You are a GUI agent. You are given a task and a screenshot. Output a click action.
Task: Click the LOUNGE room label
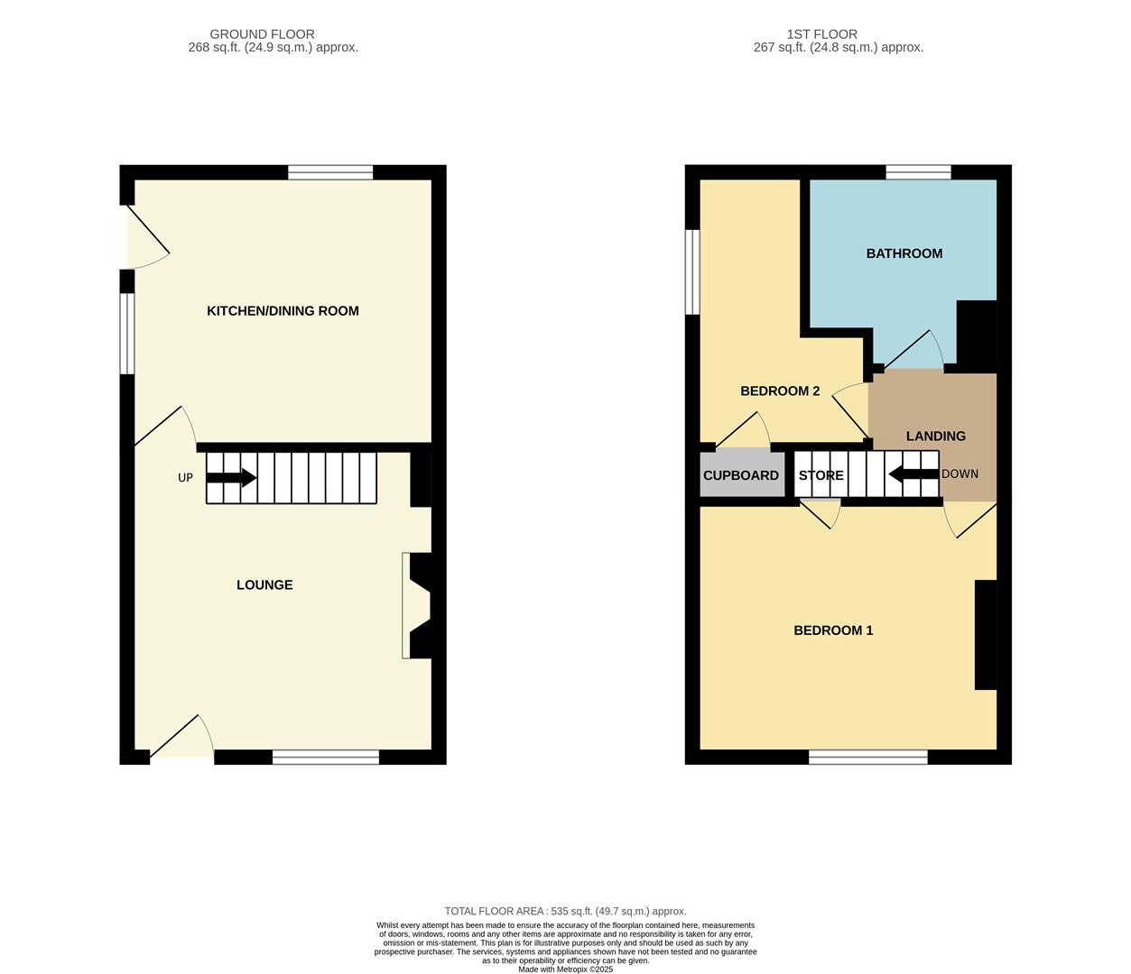click(x=264, y=585)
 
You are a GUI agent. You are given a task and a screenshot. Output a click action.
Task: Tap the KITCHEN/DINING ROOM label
click(x=283, y=311)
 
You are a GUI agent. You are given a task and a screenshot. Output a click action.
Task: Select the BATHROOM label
click(x=904, y=253)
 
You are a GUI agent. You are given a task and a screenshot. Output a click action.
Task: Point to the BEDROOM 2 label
click(x=780, y=391)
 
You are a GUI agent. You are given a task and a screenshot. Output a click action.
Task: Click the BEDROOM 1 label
click(x=833, y=630)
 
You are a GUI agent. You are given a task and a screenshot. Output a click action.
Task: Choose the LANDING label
click(x=935, y=436)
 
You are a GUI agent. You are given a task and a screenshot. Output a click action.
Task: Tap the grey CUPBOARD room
click(x=741, y=475)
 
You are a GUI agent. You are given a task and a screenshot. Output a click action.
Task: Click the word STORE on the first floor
click(x=820, y=475)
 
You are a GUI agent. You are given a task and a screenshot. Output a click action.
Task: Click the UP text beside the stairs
click(x=185, y=478)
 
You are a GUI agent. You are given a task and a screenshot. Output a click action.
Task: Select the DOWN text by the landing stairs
click(x=959, y=474)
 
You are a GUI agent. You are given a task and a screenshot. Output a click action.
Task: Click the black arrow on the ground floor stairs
click(x=231, y=478)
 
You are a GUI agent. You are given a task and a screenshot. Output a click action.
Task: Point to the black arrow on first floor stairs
click(x=913, y=474)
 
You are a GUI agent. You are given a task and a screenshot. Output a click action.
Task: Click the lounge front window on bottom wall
click(x=326, y=758)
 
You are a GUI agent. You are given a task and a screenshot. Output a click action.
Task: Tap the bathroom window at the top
click(x=918, y=172)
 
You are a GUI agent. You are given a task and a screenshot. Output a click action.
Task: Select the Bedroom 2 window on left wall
click(x=692, y=271)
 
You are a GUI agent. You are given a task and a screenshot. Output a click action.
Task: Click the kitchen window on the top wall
click(x=330, y=172)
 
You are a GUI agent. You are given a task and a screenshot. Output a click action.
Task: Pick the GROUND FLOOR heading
click(x=262, y=34)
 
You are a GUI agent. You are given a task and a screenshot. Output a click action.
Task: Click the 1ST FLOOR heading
click(x=821, y=34)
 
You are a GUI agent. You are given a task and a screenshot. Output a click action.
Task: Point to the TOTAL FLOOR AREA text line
click(x=565, y=912)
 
